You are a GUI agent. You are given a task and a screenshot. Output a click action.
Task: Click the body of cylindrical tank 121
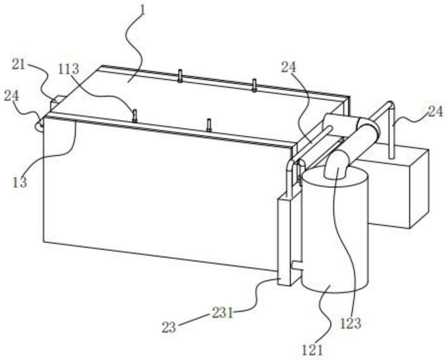335,235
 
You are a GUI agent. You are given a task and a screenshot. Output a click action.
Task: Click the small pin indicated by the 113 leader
135,115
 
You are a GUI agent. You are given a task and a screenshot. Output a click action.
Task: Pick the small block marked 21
54,104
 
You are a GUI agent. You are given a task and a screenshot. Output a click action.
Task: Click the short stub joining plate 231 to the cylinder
297,266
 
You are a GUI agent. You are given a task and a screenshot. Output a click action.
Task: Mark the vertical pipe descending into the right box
392,134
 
